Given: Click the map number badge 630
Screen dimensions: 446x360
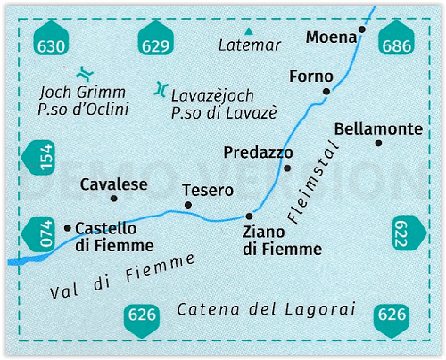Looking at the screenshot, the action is coord(51,38).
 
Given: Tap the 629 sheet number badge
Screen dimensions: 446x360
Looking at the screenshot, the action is coord(155,38).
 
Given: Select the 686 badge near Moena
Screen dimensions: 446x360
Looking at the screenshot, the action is coord(396,38).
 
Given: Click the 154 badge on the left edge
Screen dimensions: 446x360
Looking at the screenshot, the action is coord(38,158).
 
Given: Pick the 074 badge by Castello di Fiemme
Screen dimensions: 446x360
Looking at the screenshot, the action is coord(38,233).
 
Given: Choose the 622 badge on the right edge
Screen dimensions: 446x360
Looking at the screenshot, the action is coord(409,233).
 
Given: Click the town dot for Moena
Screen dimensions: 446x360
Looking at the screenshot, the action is coord(361,29).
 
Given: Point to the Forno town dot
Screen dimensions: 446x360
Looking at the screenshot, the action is coord(326,92).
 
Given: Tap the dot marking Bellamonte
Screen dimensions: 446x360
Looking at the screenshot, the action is coord(378,143).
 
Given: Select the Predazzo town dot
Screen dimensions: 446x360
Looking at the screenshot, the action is coord(287,168).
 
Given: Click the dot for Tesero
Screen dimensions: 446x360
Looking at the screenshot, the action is coord(188,205).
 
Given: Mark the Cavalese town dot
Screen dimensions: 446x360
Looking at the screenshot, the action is coord(113,199).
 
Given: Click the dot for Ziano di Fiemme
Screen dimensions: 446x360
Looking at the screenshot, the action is coord(249,216).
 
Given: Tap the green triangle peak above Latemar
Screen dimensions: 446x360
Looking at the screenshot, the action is coord(249,31).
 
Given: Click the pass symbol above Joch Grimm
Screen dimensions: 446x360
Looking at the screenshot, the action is coord(85,74).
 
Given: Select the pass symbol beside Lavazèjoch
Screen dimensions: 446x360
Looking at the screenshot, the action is coord(161,89).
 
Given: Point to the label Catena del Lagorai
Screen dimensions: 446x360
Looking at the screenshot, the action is coord(267,309).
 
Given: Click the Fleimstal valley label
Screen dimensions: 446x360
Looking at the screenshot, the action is coord(313,182).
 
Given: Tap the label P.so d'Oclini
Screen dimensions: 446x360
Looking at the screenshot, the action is coord(83,109).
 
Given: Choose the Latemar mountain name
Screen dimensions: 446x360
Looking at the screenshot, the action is coord(250,45).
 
